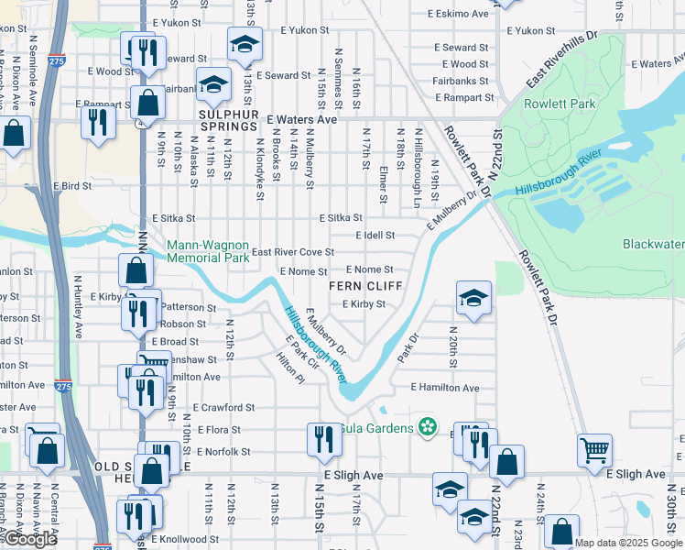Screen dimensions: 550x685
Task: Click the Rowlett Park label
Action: click(559, 104)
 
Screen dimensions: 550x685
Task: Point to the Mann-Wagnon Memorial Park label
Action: click(208, 251)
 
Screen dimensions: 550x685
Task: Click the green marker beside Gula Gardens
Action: click(425, 426)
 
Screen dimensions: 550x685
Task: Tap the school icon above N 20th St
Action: click(473, 299)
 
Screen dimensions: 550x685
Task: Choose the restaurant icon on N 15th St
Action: click(324, 439)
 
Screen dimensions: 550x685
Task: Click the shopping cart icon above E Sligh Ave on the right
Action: click(595, 449)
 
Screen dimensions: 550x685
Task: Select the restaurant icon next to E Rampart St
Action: click(98, 122)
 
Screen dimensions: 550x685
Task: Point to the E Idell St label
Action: click(375, 236)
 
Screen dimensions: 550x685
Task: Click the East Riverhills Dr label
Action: click(561, 60)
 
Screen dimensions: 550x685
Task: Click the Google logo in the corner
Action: click(31, 539)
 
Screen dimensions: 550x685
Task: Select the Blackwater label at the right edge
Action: click(653, 244)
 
